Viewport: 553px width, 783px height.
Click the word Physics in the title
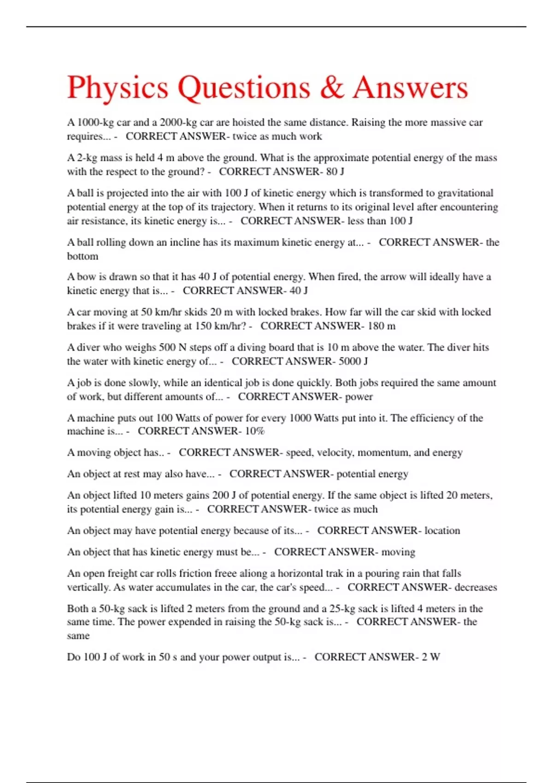tap(118, 88)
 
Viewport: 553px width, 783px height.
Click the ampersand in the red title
tap(332, 88)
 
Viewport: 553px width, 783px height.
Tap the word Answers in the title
tap(411, 88)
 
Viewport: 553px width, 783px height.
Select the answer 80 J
tap(335, 172)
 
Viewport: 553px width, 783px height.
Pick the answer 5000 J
tap(353, 361)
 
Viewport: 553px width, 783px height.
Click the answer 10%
tap(255, 431)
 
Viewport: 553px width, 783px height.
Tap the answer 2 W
tap(430, 657)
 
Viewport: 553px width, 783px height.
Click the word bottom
tap(82, 256)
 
